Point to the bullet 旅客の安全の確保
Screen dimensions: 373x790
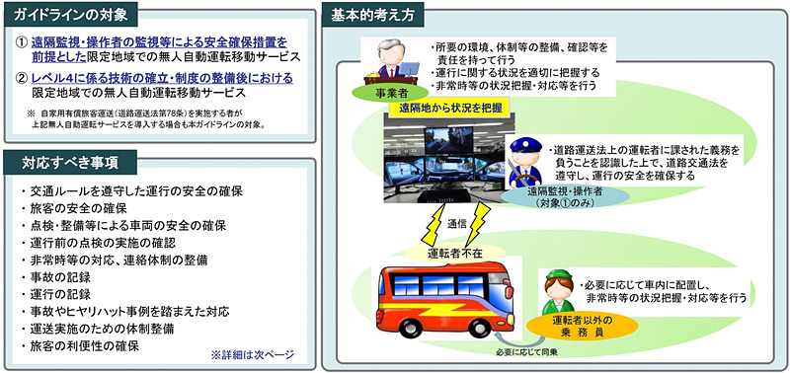pyautogui.click(x=74, y=207)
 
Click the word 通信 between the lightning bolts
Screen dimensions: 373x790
pyautogui.click(x=457, y=225)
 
